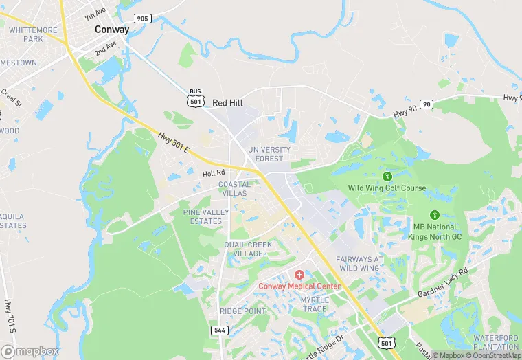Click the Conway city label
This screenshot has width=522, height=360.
click(x=111, y=30)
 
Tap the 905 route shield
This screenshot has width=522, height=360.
click(x=142, y=19)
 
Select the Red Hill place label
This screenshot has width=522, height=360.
click(x=227, y=102)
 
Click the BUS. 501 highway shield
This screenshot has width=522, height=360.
click(x=196, y=98)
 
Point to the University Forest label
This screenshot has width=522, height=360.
click(x=269, y=154)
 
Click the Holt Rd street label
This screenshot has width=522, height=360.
click(x=214, y=174)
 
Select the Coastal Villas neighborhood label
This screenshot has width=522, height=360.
click(x=234, y=189)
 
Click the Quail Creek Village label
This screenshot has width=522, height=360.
click(x=244, y=249)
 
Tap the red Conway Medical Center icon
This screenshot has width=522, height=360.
click(x=299, y=274)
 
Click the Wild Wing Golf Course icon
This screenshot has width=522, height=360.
click(x=387, y=177)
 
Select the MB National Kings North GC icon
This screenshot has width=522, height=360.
click(x=434, y=215)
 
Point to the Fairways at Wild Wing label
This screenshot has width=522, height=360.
click(x=358, y=263)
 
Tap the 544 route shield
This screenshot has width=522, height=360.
click(x=220, y=330)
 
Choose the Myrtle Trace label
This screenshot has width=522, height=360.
click(x=315, y=304)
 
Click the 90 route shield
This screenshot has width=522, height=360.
click(x=427, y=104)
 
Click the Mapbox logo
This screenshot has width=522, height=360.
click(x=30, y=350)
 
